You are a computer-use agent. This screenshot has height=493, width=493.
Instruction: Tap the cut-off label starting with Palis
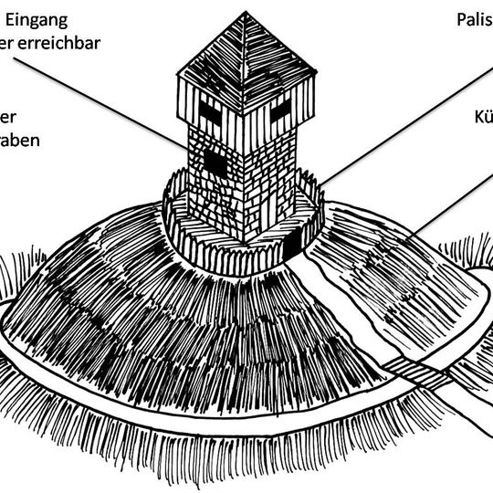click(474, 18)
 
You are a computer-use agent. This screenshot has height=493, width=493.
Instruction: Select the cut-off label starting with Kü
click(483, 118)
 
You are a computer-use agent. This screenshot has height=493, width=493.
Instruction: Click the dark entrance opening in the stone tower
click(215, 162)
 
